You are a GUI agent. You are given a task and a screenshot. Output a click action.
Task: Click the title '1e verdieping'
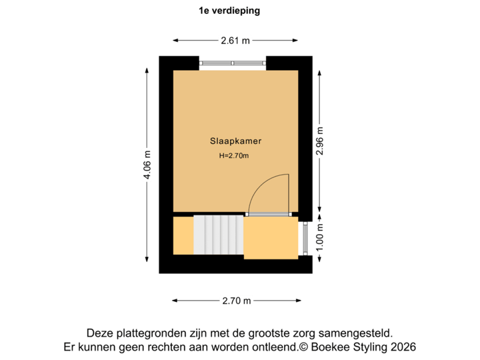[229, 11]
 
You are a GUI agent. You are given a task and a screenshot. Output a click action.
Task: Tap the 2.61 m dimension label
[236, 41]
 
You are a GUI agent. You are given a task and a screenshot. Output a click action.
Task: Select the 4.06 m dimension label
[147, 164]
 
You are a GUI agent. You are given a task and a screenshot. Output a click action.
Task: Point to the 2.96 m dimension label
[320, 141]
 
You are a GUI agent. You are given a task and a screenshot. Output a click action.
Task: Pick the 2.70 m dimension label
[237, 301]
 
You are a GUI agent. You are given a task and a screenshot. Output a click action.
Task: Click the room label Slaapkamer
[235, 141]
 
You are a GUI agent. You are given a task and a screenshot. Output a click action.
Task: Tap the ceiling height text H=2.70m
[234, 156]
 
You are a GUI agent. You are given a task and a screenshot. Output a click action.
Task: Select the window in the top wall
[233, 63]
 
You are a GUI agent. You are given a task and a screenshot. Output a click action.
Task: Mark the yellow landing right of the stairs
[270, 237]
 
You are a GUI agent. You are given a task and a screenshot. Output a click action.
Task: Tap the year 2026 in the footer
[403, 347]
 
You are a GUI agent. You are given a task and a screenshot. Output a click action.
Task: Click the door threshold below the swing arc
[268, 214]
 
